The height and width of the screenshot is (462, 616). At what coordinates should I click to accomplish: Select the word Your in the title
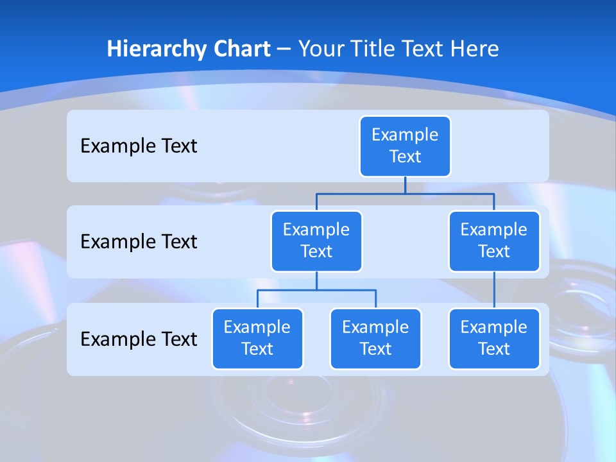(x=322, y=49)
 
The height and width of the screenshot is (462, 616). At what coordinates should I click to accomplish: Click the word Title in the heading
(x=373, y=49)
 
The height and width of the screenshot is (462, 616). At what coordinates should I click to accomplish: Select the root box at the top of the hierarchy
(x=405, y=146)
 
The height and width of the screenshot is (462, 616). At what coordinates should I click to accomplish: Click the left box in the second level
(x=316, y=241)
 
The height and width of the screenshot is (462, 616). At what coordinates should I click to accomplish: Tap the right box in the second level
(x=494, y=241)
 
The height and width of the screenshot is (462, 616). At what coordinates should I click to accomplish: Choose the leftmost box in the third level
(x=257, y=339)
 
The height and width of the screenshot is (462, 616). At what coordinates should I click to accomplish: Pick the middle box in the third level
(x=375, y=339)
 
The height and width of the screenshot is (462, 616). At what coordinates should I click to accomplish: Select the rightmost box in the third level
(x=494, y=339)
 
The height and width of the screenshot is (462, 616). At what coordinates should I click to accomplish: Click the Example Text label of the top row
(x=139, y=146)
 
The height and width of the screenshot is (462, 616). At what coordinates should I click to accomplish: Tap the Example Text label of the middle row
(x=139, y=242)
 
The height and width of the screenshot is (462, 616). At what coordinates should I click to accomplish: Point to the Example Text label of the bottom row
(x=139, y=339)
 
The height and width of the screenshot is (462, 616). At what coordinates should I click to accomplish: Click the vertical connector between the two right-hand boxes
(x=494, y=290)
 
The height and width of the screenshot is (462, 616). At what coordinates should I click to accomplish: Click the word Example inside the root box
(x=405, y=135)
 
